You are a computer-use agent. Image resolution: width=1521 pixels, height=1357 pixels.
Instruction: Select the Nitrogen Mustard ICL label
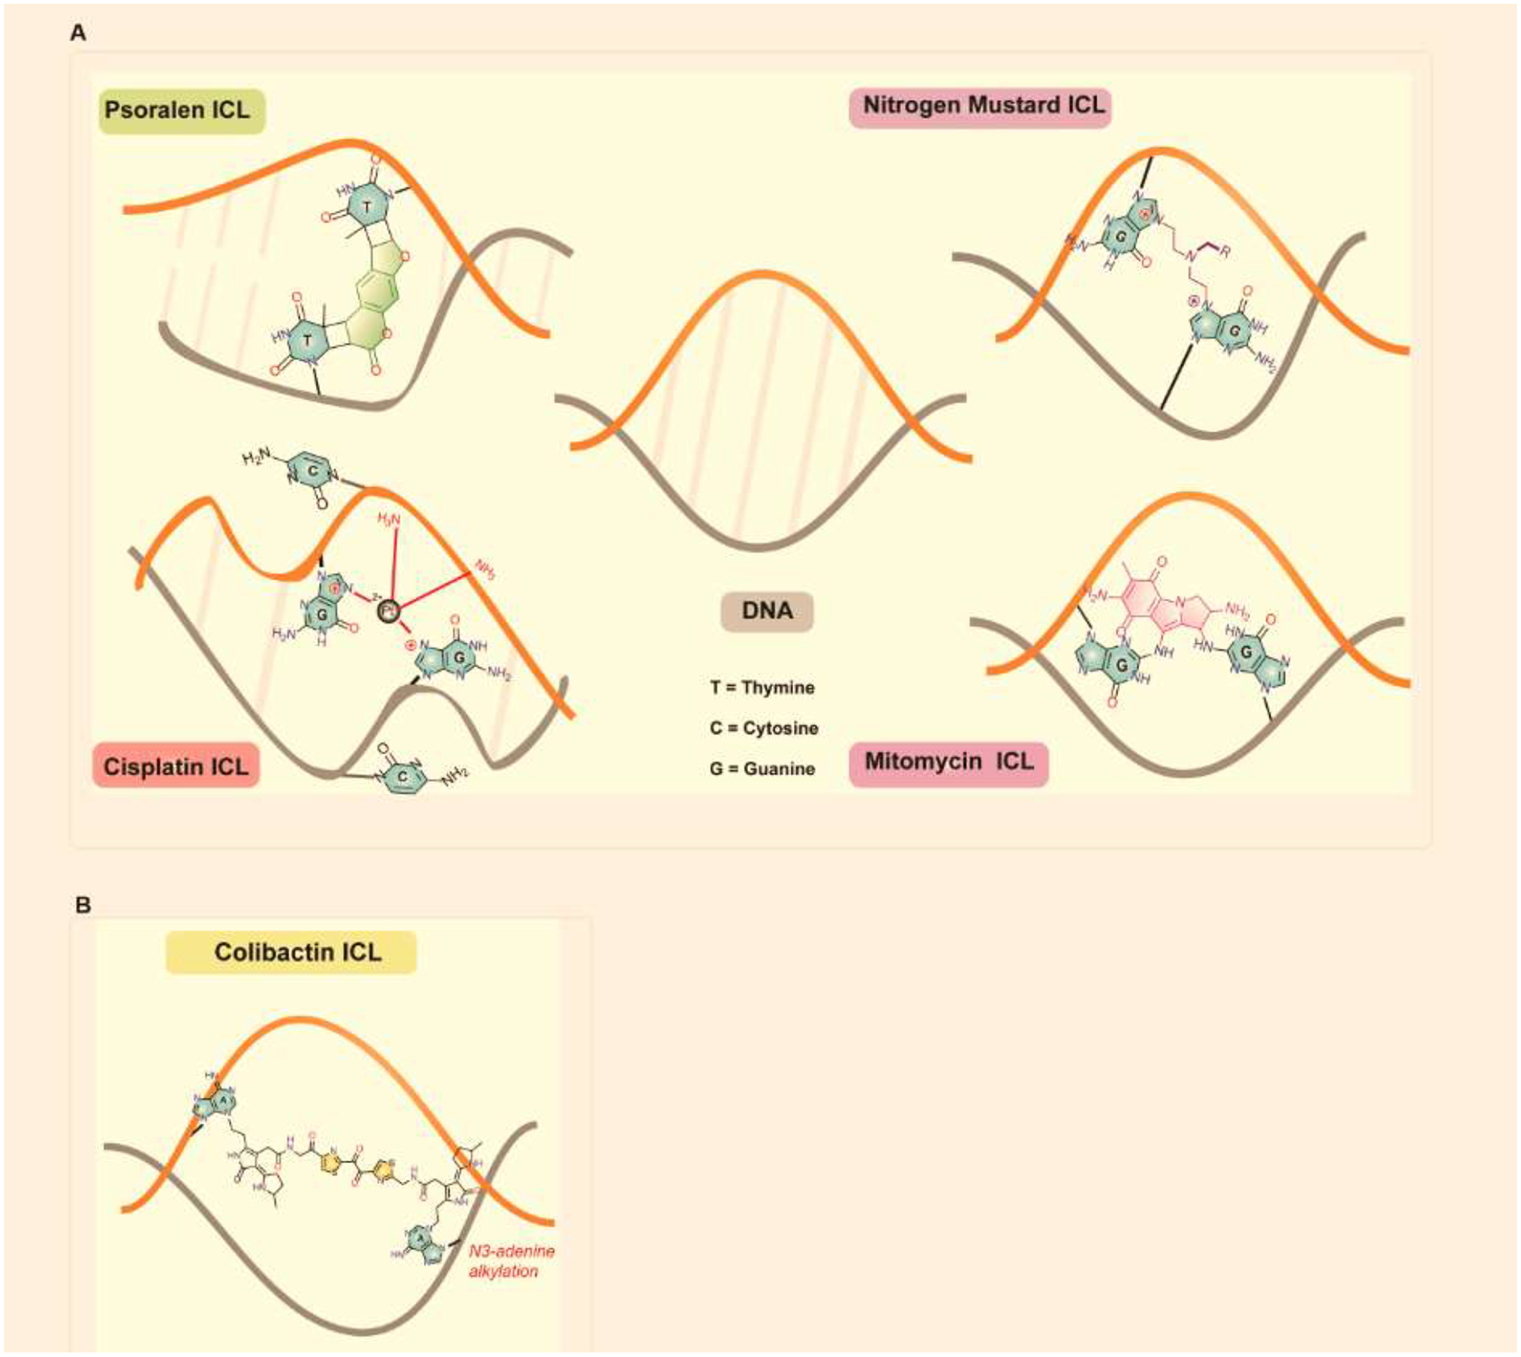click(980, 106)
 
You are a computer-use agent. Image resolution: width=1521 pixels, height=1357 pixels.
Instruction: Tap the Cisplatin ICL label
click(176, 766)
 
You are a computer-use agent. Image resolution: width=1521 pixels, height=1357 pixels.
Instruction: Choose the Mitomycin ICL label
click(948, 762)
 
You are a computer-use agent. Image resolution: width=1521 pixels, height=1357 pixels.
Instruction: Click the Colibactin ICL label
click(292, 952)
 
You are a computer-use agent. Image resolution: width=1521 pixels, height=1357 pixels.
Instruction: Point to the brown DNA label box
click(766, 611)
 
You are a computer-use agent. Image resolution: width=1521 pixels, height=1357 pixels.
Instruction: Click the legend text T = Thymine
click(762, 688)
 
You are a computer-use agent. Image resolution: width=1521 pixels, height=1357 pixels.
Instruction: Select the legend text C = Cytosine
click(764, 728)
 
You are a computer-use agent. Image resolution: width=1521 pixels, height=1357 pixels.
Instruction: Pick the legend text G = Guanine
click(762, 769)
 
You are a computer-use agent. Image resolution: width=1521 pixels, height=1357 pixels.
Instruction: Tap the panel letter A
click(78, 33)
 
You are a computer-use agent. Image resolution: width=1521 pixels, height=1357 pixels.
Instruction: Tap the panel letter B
click(83, 905)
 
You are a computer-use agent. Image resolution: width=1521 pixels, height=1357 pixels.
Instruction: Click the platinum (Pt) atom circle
click(388, 609)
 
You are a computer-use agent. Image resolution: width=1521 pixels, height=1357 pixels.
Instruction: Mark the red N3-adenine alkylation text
click(510, 1261)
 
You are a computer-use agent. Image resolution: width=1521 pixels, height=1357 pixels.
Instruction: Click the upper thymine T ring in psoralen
click(367, 206)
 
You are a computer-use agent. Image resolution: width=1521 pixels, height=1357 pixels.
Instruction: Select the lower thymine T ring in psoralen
click(307, 341)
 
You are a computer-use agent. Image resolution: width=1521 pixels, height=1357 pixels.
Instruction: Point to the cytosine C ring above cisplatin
click(312, 471)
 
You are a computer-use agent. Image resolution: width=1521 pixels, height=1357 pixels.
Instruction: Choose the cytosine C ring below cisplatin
click(403, 777)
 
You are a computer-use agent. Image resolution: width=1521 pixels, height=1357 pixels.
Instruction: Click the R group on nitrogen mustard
click(1224, 251)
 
